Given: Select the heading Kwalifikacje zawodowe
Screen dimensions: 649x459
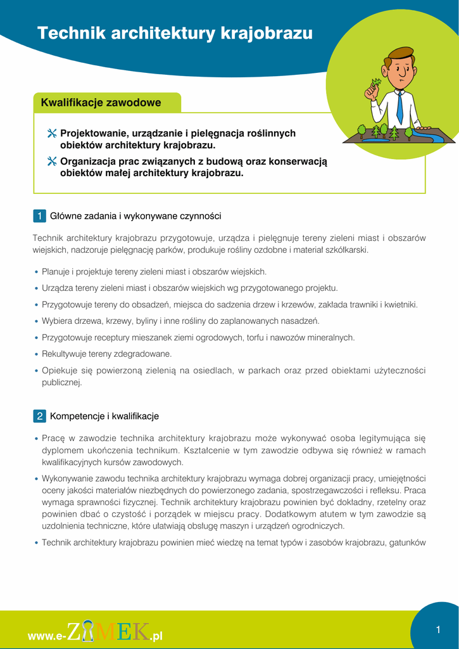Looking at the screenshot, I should [x=101, y=103].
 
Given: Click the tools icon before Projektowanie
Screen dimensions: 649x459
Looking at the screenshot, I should [x=52, y=134].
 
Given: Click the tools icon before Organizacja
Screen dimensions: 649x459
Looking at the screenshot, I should [x=52, y=162].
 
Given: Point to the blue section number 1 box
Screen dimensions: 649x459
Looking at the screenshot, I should [x=39, y=216].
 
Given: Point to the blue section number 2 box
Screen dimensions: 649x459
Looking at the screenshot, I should [x=39, y=416].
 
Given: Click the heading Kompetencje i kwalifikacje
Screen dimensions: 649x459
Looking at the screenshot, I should [x=104, y=416].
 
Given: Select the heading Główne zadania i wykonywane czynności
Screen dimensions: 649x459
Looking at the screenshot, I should [x=135, y=216].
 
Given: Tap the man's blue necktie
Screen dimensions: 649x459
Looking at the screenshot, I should [x=399, y=107].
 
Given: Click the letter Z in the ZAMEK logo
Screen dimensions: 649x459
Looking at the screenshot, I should [x=75, y=631].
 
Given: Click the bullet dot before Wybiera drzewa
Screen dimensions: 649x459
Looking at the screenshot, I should [x=37, y=321].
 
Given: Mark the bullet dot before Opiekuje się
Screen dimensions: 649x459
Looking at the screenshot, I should [x=37, y=371].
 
